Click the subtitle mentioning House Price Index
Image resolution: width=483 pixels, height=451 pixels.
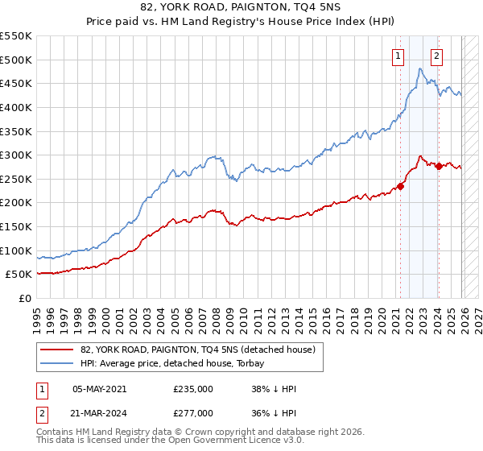[241, 23]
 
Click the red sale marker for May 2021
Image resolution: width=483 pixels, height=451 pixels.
[400, 186]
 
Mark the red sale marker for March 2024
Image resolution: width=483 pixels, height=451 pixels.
[439, 166]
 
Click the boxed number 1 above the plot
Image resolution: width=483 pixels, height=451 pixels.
[398, 56]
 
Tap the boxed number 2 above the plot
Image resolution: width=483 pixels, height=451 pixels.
[436, 56]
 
